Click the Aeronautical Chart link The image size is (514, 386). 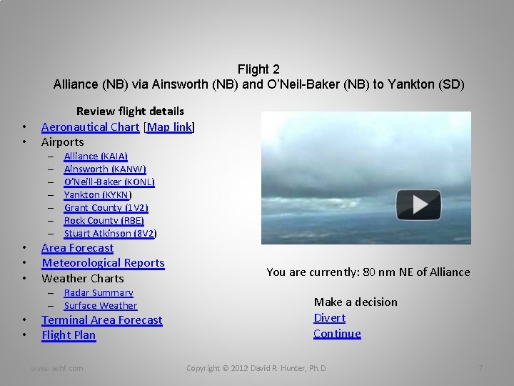[90, 127]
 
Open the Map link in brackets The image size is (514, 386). [169, 127]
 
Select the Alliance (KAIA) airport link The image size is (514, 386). [96, 156]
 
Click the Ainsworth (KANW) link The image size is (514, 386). [105, 169]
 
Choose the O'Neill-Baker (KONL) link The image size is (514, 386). [109, 182]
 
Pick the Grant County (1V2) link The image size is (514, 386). [106, 207]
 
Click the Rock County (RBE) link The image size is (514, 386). [104, 220]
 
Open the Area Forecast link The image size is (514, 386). [77, 248]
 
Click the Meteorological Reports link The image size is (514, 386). [103, 263]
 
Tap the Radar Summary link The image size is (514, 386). [99, 292]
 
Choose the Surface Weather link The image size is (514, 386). [100, 305]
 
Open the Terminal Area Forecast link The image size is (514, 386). [101, 320]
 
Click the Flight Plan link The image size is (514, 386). [69, 335]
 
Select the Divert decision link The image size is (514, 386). [329, 318]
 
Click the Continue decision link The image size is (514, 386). [337, 334]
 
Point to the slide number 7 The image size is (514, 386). [480, 368]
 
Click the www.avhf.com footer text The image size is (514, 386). [56, 368]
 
